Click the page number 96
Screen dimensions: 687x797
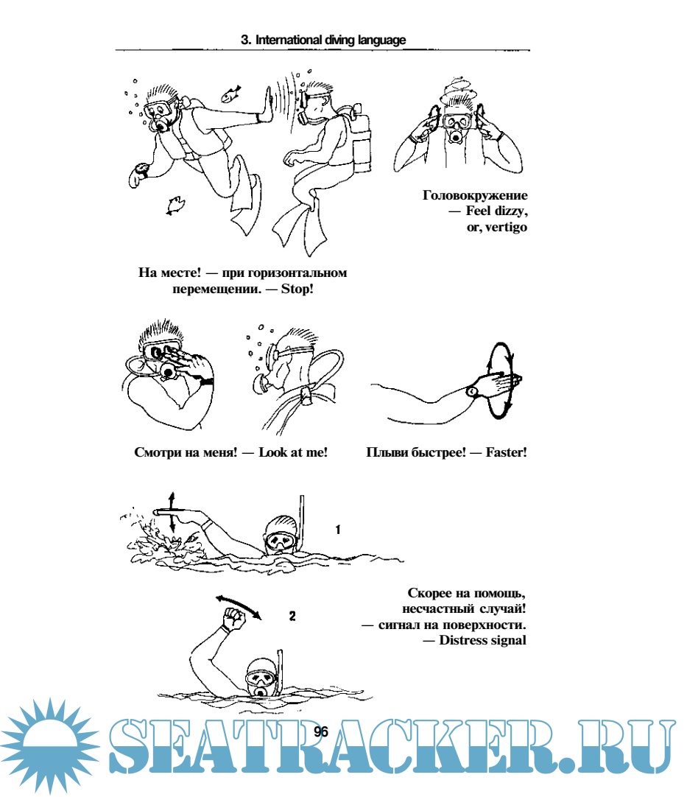(321, 731)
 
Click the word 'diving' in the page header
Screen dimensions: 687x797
(341, 40)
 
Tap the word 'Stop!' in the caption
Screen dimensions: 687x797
(297, 289)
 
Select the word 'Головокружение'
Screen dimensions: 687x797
(475, 195)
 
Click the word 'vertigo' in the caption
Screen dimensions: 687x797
(506, 227)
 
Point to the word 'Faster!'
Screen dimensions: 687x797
(506, 452)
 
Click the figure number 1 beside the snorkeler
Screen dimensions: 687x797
(338, 530)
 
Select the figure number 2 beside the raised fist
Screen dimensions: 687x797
(292, 616)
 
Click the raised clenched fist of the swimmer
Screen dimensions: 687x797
(234, 619)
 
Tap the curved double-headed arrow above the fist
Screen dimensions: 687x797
(239, 605)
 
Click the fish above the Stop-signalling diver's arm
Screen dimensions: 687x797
(230, 94)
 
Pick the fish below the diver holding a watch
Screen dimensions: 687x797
(175, 204)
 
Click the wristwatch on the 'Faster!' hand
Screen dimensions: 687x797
(472, 391)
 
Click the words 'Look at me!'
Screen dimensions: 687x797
(293, 452)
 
